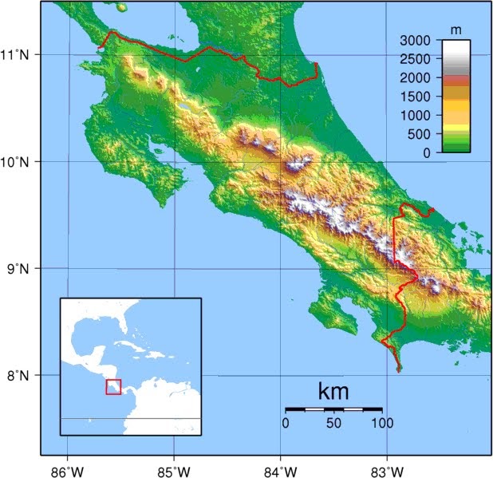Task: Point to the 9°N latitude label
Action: [x=18, y=269]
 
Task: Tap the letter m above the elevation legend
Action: [x=456, y=30]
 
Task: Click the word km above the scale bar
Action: [x=333, y=392]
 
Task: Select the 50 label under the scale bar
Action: [x=333, y=422]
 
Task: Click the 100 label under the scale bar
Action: [x=382, y=422]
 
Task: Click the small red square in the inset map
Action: [x=113, y=386]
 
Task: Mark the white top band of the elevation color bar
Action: [x=456, y=49]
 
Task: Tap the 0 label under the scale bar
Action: [x=286, y=422]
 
